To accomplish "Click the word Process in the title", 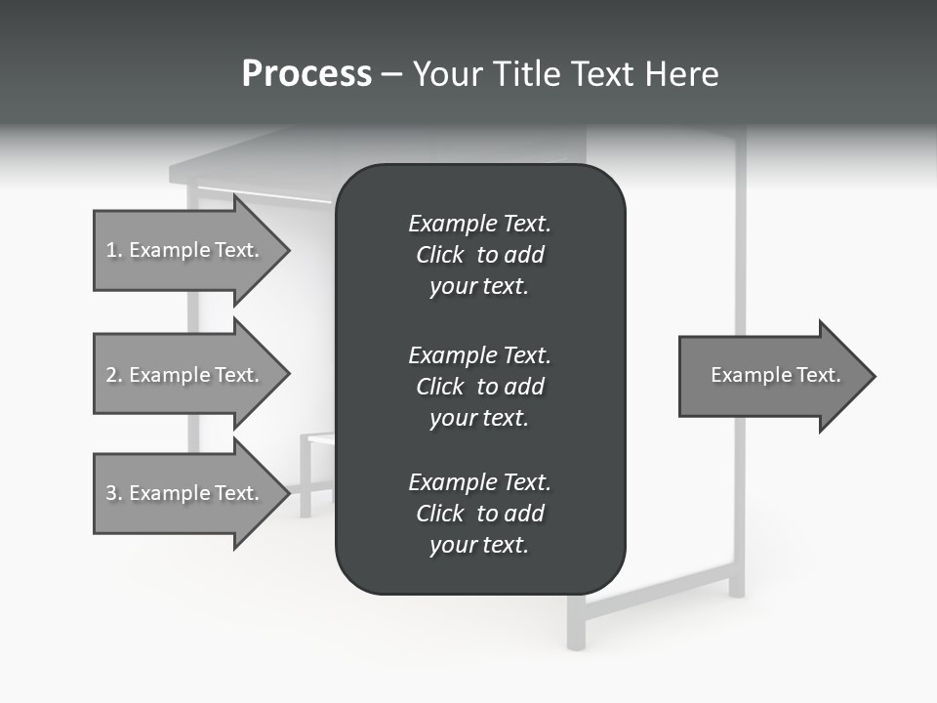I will point(306,74).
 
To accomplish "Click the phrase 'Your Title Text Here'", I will point(565,74).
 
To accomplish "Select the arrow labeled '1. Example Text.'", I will point(185,251).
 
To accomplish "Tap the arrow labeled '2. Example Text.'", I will point(185,375).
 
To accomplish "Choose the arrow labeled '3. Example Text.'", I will point(185,493).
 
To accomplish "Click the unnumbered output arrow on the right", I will point(771,376).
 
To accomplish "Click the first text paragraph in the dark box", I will point(479,255).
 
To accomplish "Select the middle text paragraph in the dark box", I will point(479,386).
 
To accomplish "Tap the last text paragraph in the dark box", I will point(479,514).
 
